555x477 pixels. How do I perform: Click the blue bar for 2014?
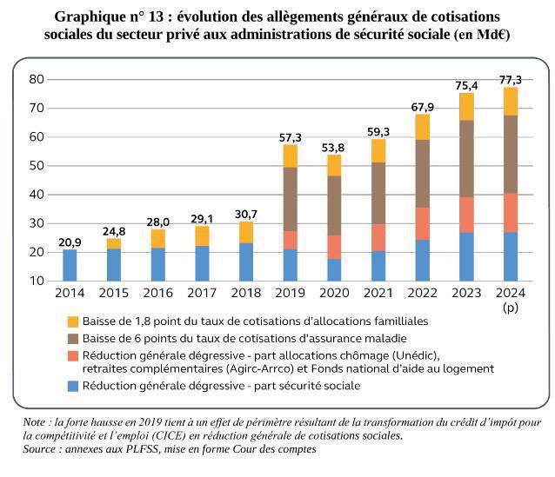[x=70, y=265]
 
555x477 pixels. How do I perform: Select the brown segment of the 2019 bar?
[x=290, y=198]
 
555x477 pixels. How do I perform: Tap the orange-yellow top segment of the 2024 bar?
[x=510, y=101]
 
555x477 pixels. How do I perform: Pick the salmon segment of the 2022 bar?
[x=422, y=223]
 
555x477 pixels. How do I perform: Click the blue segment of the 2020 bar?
[x=334, y=269]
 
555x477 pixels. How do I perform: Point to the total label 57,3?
[x=290, y=137]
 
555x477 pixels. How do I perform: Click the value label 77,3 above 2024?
[x=510, y=80]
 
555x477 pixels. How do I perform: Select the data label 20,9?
[x=70, y=242]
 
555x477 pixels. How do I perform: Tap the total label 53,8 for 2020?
[x=334, y=148]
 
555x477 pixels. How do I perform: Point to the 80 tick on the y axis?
[x=37, y=79]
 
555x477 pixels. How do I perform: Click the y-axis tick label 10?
[x=37, y=281]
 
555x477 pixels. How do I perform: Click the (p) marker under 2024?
[x=510, y=308]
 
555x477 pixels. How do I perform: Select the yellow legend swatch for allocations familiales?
[x=73, y=321]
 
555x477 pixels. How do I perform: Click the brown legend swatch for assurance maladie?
[x=73, y=338]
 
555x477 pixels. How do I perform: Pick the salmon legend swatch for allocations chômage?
[x=73, y=354]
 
